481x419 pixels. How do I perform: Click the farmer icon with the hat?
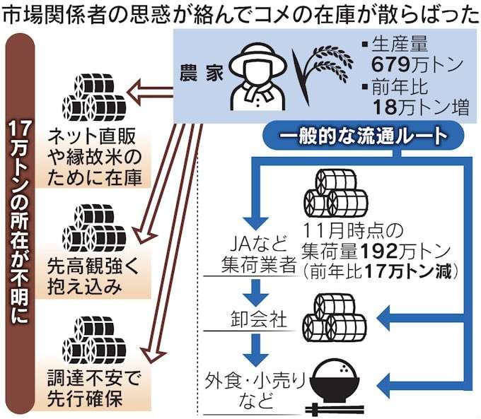[259, 76]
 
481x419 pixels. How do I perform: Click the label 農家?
[201, 73]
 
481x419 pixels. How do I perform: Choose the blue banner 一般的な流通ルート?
[364, 136]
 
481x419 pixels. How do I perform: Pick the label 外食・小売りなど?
[255, 390]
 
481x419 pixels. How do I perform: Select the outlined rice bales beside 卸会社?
[335, 318]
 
